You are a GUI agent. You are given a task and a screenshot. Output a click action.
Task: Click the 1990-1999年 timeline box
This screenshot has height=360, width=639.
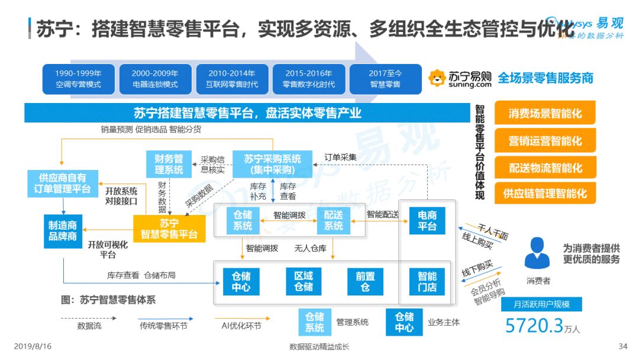point(78,79)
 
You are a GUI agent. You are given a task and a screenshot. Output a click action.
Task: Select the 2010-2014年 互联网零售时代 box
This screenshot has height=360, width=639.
point(232,79)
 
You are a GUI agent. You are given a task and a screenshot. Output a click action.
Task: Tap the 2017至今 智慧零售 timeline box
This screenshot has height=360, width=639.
point(385,79)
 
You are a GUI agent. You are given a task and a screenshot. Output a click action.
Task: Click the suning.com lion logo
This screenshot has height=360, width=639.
point(437,78)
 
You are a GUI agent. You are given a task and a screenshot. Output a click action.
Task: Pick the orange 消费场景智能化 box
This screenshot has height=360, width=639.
point(545,113)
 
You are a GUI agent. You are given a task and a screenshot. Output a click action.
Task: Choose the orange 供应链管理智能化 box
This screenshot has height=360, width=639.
point(545,193)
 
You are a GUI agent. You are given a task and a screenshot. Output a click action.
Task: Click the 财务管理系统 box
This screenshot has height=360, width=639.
point(169,164)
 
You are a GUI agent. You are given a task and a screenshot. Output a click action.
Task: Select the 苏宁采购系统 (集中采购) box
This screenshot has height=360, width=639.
point(273,164)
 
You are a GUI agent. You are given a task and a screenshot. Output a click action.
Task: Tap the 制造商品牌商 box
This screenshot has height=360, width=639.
point(63,231)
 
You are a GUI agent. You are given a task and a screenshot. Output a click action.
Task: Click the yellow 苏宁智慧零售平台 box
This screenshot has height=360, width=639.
point(169,229)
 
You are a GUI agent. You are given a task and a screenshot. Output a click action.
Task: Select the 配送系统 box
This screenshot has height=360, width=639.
point(333,220)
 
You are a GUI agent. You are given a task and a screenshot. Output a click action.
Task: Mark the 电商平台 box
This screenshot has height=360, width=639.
point(427,220)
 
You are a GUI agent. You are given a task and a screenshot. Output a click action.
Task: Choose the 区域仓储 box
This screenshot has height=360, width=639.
point(304,281)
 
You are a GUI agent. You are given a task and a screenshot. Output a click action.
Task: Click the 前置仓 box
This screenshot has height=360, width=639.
point(365,281)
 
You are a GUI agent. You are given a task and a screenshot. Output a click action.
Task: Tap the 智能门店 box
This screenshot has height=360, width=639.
point(427,281)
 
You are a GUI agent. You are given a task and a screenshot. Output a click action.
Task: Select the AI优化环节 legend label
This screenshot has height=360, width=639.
point(241,326)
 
